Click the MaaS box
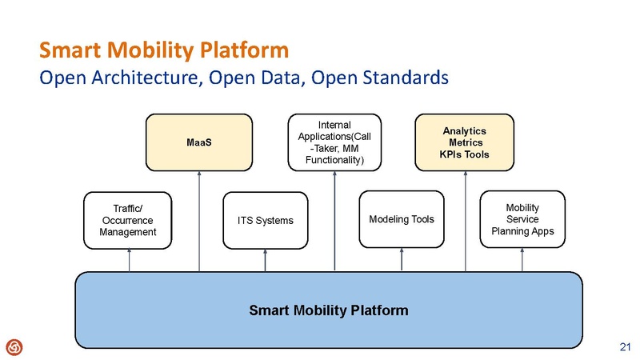click(x=198, y=142)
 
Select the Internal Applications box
click(x=334, y=142)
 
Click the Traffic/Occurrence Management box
click(x=128, y=220)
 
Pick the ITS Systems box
click(x=265, y=220)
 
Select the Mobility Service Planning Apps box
click(x=522, y=219)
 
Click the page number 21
click(x=626, y=346)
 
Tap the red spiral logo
click(x=14, y=346)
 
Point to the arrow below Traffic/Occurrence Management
click(x=128, y=260)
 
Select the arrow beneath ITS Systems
click(x=265, y=260)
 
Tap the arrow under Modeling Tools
click(x=402, y=260)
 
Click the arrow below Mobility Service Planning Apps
click(x=522, y=260)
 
